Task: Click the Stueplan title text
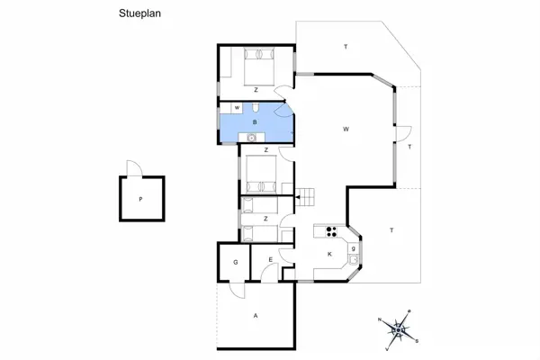click(139, 13)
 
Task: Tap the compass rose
click(399, 330)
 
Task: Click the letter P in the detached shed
click(140, 199)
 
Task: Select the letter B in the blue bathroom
click(255, 122)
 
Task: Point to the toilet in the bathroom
click(256, 108)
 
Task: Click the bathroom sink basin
click(252, 138)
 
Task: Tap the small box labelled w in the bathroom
click(237, 108)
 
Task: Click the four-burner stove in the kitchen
click(331, 231)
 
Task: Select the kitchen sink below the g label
click(354, 259)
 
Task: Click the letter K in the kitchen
click(329, 254)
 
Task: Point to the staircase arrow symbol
click(298, 197)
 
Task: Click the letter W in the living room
click(346, 130)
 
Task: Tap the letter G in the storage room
click(236, 262)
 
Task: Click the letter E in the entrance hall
click(271, 260)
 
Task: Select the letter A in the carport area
click(256, 316)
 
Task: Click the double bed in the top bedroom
click(259, 67)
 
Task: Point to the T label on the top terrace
click(346, 47)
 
